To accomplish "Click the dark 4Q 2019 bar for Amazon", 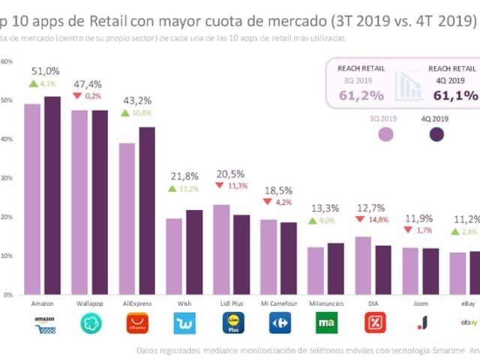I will tap(52, 195).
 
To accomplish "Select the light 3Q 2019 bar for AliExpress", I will tap(127, 218).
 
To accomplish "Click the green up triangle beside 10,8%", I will tap(126, 112).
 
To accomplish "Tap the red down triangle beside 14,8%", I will tap(360, 219).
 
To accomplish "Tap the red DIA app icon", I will tap(373, 323).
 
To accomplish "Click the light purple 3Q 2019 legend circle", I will tap(387, 135).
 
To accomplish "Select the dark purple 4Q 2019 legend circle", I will tap(436, 135).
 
